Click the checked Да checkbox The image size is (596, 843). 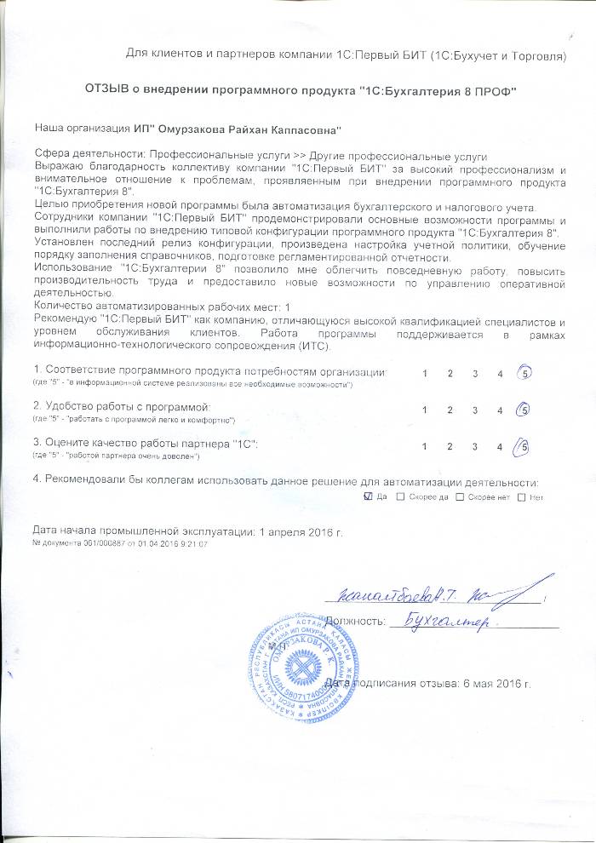[x=367, y=496]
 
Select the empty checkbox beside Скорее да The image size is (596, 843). [x=401, y=496]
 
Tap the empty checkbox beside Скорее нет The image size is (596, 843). [x=460, y=496]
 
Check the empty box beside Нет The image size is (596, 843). [x=521, y=496]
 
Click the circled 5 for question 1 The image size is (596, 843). [x=525, y=373]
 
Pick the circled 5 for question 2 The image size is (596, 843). [x=525, y=410]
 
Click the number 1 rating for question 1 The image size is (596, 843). [x=424, y=374]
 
